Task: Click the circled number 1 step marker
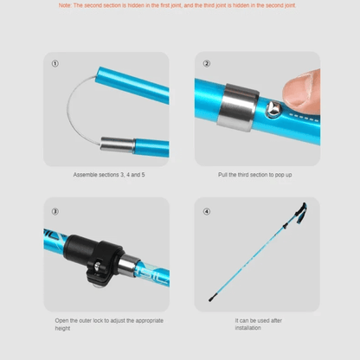coord(56,64)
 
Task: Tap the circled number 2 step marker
coord(206,64)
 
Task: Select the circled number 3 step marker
coord(56,211)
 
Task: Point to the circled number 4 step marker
coord(206,211)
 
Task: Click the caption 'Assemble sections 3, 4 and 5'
coord(106,174)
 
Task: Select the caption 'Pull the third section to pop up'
coord(256,174)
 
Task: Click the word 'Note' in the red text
coord(66,5)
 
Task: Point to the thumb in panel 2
coord(302,89)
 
